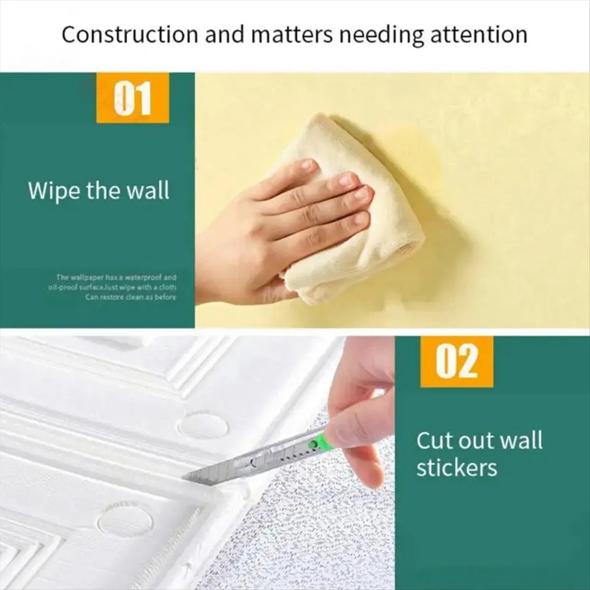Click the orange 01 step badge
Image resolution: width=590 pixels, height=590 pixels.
pyautogui.click(x=132, y=98)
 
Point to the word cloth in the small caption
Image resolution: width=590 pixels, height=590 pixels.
pyautogui.click(x=168, y=287)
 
